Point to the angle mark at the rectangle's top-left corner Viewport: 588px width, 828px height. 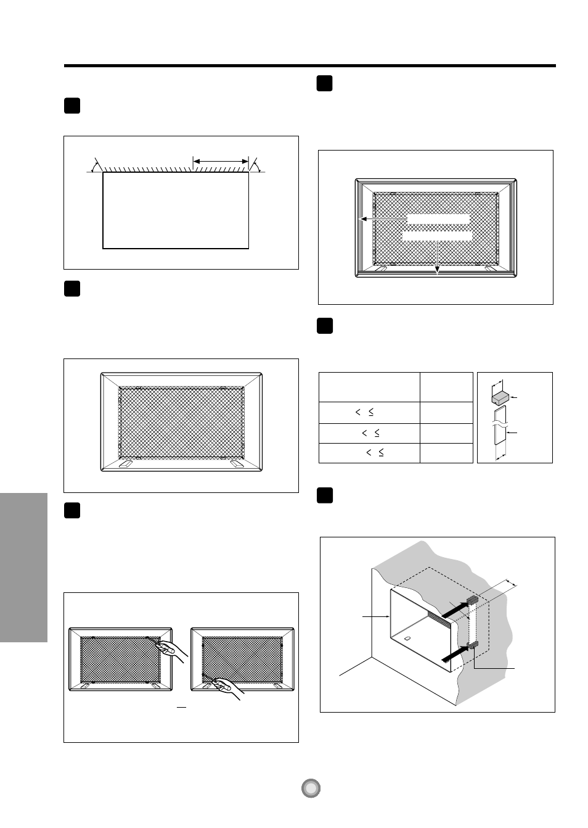click(x=96, y=165)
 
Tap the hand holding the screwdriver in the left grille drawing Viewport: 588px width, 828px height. click(x=174, y=651)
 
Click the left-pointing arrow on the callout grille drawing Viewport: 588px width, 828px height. click(x=364, y=218)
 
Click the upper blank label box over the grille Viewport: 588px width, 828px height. click(x=438, y=219)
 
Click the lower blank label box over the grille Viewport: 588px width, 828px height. click(x=437, y=236)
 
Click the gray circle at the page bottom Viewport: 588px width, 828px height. click(x=312, y=788)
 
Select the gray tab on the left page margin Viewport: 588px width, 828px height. click(x=23, y=567)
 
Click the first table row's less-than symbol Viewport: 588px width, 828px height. click(x=358, y=412)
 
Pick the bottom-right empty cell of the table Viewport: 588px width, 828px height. click(x=446, y=453)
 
